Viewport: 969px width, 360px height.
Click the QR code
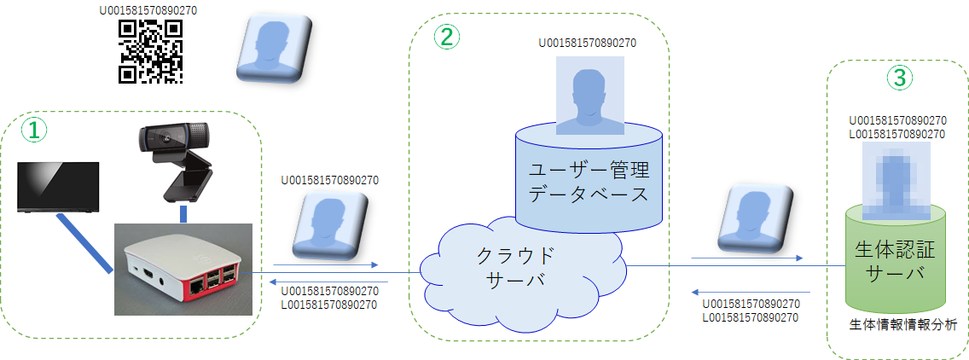(x=151, y=51)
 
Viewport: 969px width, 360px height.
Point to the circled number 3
(x=899, y=78)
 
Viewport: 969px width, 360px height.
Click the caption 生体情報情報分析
(x=902, y=324)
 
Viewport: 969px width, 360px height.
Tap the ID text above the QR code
(x=151, y=10)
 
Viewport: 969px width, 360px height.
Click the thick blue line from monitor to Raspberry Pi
(x=84, y=242)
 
